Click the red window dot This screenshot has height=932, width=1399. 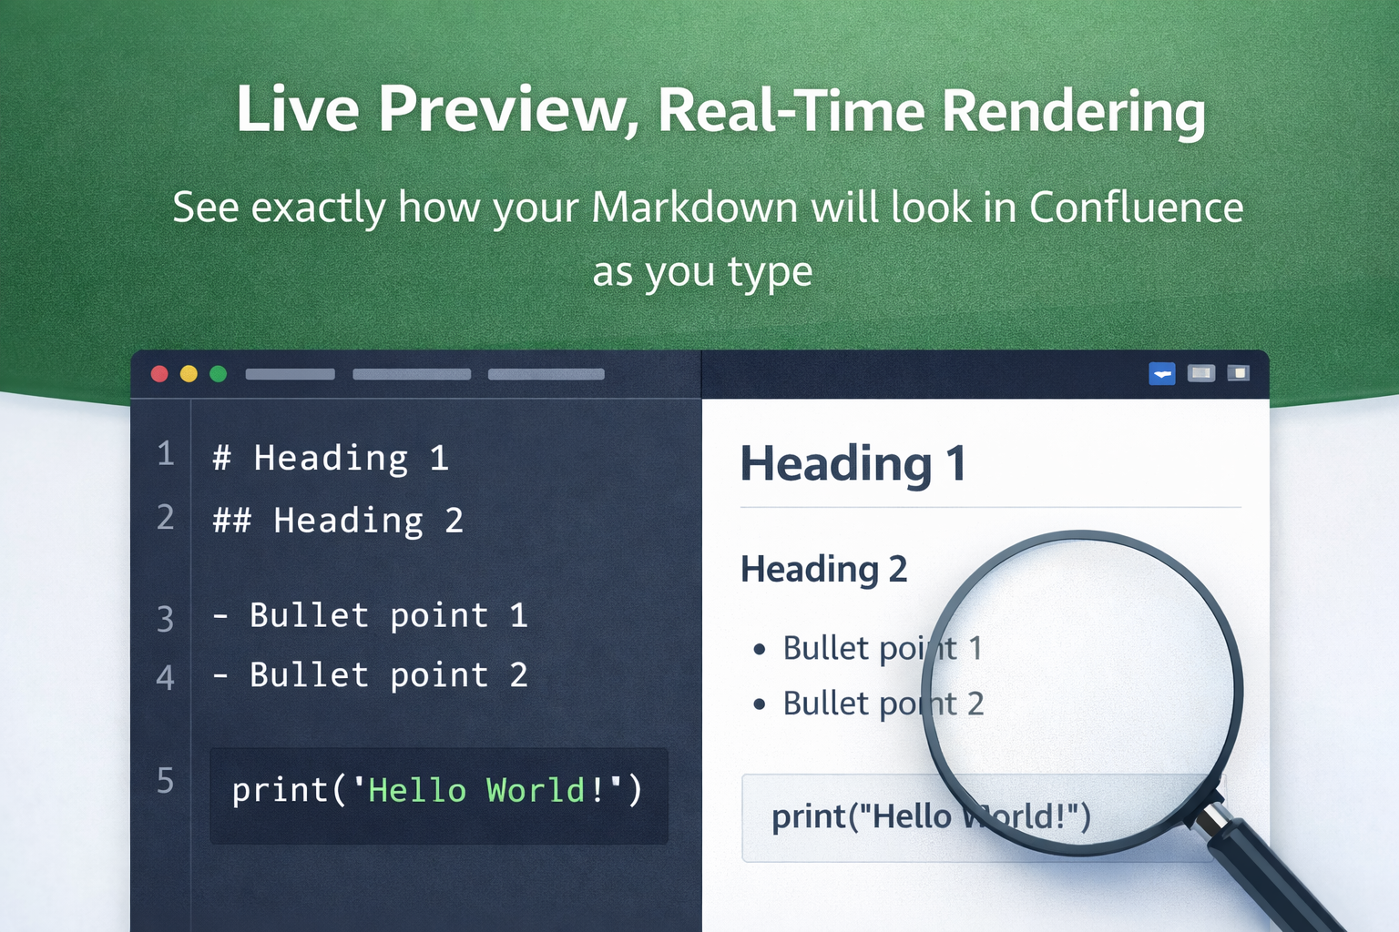click(159, 374)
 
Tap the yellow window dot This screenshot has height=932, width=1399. click(189, 374)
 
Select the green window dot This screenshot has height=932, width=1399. click(219, 374)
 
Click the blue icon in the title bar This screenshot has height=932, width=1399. click(1162, 373)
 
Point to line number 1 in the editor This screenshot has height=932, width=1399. click(165, 453)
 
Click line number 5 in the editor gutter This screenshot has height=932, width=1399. click(165, 781)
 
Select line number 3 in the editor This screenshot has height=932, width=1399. click(165, 619)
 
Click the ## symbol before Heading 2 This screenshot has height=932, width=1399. click(231, 521)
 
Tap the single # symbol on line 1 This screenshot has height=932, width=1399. click(221, 458)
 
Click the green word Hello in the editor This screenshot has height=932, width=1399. click(416, 790)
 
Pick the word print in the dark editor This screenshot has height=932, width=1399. click(279, 790)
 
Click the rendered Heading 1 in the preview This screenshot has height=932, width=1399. click(853, 463)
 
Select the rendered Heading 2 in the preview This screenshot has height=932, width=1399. click(823, 570)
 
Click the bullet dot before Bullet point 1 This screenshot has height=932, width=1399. click(760, 649)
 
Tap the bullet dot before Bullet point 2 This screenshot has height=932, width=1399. click(760, 704)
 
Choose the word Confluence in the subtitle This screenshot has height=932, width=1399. click(1136, 208)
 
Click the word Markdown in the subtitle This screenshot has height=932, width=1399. click(695, 208)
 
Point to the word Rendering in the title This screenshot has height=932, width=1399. click(1073, 111)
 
